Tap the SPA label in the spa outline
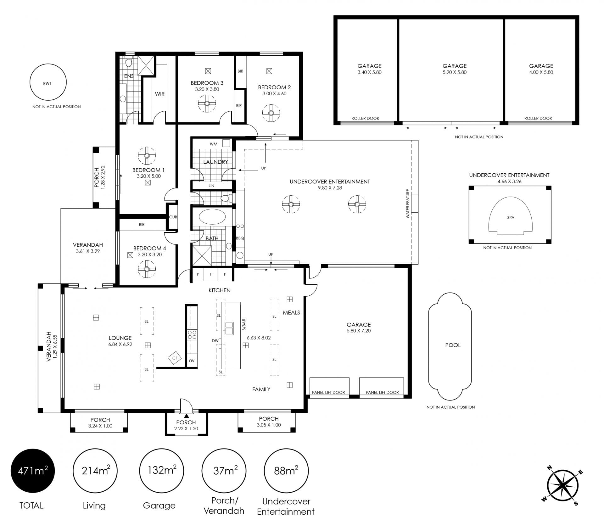coord(511,217)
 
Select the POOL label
coord(453,345)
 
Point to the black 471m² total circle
coord(33,471)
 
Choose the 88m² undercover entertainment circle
coord(286,471)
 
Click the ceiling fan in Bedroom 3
coord(207,103)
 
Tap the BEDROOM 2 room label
coord(274,87)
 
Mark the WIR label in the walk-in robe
coord(160,94)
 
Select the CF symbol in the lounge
coord(175,358)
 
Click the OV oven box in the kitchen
coord(192,361)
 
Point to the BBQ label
coord(240,238)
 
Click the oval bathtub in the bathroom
coord(212,217)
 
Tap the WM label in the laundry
coord(214,144)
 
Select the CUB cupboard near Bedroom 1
coord(173,217)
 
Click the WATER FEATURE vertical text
coord(408,204)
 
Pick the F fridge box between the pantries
coord(211,274)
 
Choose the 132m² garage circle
coord(162,471)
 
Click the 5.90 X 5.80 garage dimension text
coord(455,72)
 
